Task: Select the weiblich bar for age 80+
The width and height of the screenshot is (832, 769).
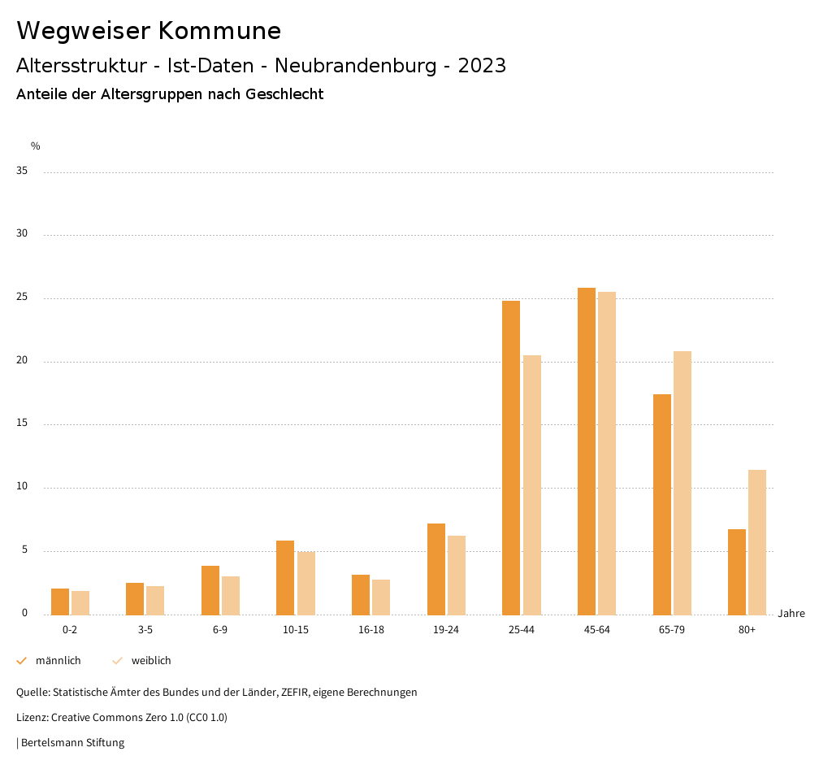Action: pyautogui.click(x=757, y=542)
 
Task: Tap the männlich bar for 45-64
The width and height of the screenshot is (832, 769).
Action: pyautogui.click(x=587, y=451)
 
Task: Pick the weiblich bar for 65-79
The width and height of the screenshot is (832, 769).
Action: pyautogui.click(x=682, y=483)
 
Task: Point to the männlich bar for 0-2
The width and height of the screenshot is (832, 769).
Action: pyautogui.click(x=60, y=602)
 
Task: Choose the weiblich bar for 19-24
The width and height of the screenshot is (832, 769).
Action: pyautogui.click(x=457, y=575)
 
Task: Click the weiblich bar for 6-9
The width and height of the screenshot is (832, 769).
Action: pyautogui.click(x=231, y=595)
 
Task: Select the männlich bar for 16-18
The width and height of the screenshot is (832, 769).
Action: pyautogui.click(x=361, y=594)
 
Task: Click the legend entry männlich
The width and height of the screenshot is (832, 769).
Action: pyautogui.click(x=58, y=660)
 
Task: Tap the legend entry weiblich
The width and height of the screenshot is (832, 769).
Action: pyautogui.click(x=151, y=660)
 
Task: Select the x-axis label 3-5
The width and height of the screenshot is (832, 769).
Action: pyautogui.click(x=145, y=630)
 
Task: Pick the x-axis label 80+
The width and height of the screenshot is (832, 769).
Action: pyautogui.click(x=747, y=630)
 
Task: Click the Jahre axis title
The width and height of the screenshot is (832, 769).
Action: pyautogui.click(x=791, y=613)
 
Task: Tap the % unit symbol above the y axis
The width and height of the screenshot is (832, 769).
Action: pyautogui.click(x=36, y=146)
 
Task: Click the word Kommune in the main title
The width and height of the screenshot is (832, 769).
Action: pyautogui.click(x=219, y=31)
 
